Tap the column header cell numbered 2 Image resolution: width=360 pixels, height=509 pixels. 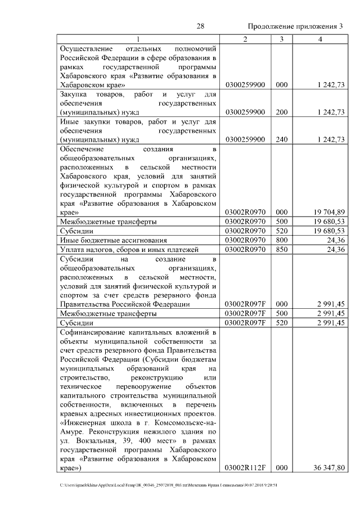pos(245,38)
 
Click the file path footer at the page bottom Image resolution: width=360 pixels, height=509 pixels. pos(169,485)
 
